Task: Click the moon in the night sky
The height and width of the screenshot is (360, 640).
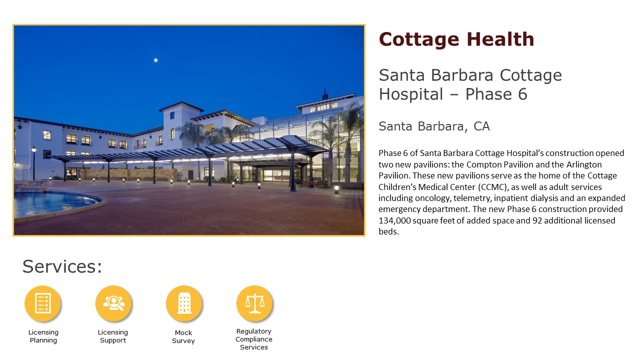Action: click(x=155, y=60)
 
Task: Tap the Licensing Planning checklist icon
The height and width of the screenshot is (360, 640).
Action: click(x=43, y=303)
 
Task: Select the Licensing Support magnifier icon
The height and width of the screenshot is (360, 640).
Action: click(x=113, y=303)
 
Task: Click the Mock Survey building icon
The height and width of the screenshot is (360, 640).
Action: click(x=184, y=303)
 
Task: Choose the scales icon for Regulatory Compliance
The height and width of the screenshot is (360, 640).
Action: click(x=254, y=303)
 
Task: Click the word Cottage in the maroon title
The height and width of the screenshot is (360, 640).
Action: click(x=419, y=39)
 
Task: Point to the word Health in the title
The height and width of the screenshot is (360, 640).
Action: click(x=500, y=39)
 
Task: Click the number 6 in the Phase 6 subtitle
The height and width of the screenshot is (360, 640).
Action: click(x=522, y=94)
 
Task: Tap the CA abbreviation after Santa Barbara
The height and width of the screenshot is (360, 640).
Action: click(x=481, y=126)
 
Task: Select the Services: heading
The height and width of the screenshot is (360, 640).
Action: click(x=62, y=266)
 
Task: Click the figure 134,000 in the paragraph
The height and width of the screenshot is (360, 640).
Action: click(x=394, y=220)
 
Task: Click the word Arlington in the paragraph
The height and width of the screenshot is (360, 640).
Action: click(x=584, y=164)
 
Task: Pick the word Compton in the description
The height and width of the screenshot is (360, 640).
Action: click(x=483, y=164)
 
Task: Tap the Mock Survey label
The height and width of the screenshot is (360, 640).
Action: click(x=183, y=336)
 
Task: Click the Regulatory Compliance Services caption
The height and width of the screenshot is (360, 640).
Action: click(x=254, y=339)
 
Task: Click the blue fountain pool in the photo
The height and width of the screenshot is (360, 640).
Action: click(x=54, y=203)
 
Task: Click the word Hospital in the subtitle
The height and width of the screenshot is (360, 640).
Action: click(x=411, y=94)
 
